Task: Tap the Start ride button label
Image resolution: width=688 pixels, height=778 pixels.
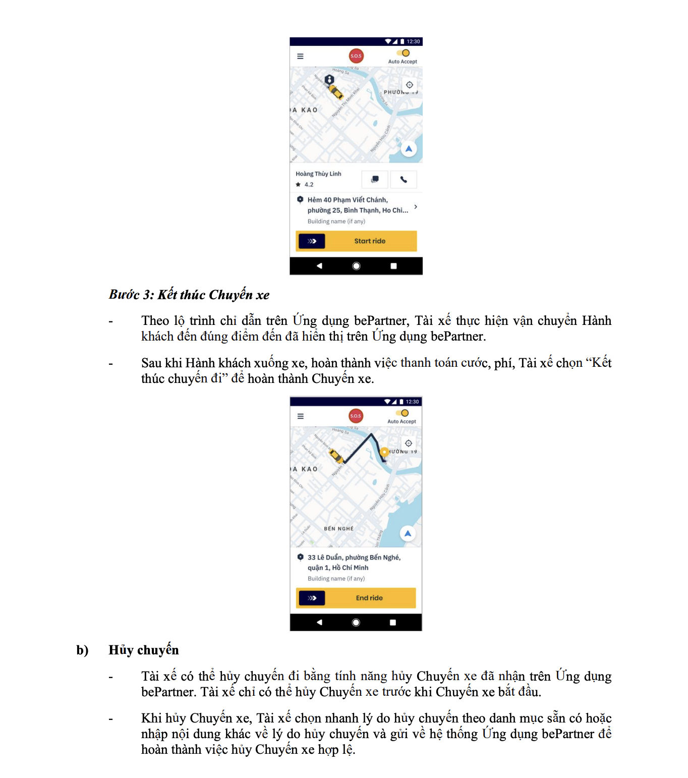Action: [x=370, y=241]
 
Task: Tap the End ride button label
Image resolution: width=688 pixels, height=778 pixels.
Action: [x=369, y=598]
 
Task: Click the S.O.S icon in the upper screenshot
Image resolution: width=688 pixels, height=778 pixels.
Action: [x=356, y=56]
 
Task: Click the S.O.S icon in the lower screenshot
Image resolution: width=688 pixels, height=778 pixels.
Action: [x=356, y=416]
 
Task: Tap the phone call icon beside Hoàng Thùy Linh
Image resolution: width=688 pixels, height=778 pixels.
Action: [x=404, y=179]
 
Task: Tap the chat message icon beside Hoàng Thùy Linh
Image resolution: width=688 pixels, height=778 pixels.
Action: [x=375, y=179]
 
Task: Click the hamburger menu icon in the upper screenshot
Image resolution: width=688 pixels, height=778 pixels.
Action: [x=300, y=57]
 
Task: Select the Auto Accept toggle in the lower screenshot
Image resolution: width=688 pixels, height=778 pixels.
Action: [x=403, y=413]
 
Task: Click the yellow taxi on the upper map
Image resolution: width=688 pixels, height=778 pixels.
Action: [x=336, y=92]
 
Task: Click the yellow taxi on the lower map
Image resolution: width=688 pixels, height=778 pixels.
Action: [x=336, y=456]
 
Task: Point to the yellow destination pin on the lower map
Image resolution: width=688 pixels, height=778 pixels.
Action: [x=384, y=452]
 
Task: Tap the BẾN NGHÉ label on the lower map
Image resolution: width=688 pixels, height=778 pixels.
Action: [x=338, y=529]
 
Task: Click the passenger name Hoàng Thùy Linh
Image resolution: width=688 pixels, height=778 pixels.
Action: [x=318, y=174]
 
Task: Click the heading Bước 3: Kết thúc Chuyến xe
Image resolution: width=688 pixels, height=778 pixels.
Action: [x=189, y=295]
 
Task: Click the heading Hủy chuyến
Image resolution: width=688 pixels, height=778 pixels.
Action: [x=144, y=650]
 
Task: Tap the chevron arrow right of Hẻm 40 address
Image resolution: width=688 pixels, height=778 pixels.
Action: [x=415, y=207]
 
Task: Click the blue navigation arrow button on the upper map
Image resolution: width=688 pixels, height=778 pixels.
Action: [x=409, y=149]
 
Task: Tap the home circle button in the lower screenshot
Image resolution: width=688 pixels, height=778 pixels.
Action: [x=356, y=623]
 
